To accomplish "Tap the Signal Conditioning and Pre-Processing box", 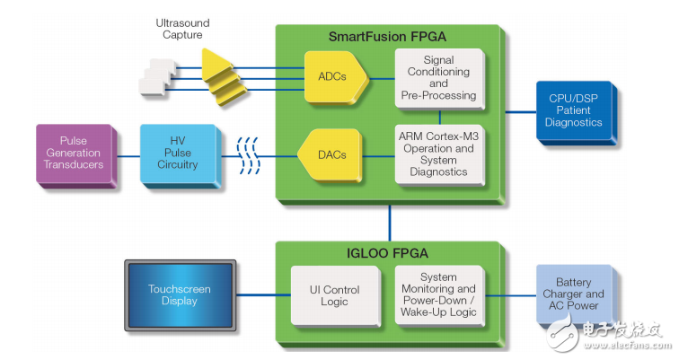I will point(438,77).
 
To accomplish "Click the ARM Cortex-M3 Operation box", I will point(438,154).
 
